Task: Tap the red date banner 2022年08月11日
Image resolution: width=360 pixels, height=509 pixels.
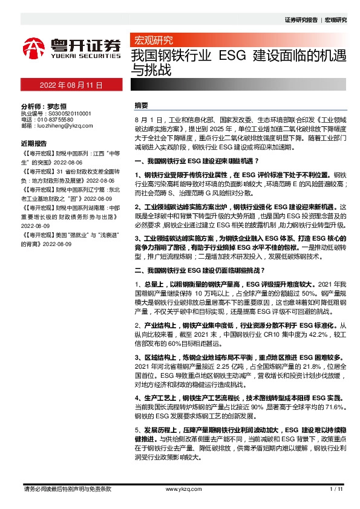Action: click(71, 86)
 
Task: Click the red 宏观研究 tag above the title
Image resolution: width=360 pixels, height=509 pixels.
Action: click(152, 41)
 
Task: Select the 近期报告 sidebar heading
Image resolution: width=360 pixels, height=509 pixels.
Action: click(33, 144)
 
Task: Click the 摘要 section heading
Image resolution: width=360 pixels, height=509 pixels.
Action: click(141, 105)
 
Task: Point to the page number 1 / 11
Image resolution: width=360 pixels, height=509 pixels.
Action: click(336, 488)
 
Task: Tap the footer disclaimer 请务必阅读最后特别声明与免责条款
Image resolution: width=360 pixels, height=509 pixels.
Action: click(67, 488)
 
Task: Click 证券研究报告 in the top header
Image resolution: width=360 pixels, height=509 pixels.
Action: click(301, 20)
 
